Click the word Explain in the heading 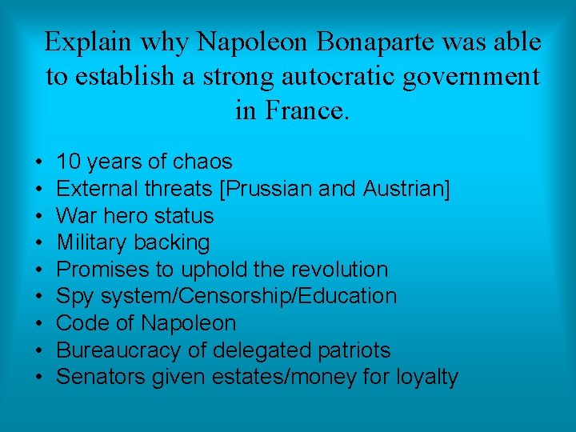pyautogui.click(x=89, y=42)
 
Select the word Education pyautogui.click(x=349, y=296)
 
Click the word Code pyautogui.click(x=81, y=323)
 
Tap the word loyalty pyautogui.click(x=427, y=377)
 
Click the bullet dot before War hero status pyautogui.click(x=39, y=217)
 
